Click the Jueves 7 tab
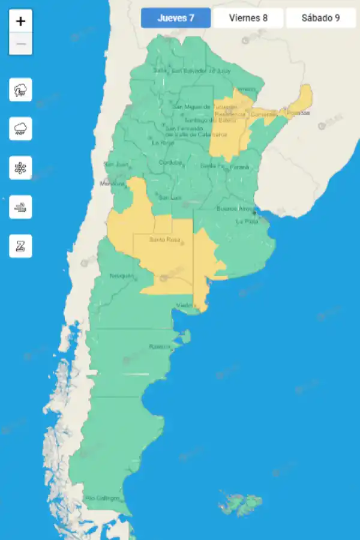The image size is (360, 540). point(176,18)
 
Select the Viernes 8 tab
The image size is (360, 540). point(248,18)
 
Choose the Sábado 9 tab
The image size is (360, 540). point(320,18)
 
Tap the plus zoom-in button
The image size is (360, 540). point(21,22)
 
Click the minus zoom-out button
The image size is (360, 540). point(21,44)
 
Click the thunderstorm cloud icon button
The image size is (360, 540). point(21,91)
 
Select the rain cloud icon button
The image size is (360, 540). point(21,128)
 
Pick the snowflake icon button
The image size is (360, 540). point(21,167)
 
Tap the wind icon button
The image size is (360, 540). point(21,207)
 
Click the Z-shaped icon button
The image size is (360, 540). point(21,246)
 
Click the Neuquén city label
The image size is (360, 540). point(121,276)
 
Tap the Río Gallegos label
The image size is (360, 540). point(102,498)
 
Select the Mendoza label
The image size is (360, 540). point(112,183)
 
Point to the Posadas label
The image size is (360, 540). point(298,113)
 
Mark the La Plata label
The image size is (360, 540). point(246,221)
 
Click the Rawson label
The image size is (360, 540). point(160,347)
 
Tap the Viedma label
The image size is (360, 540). point(185,306)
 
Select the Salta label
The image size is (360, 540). point(160,70)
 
